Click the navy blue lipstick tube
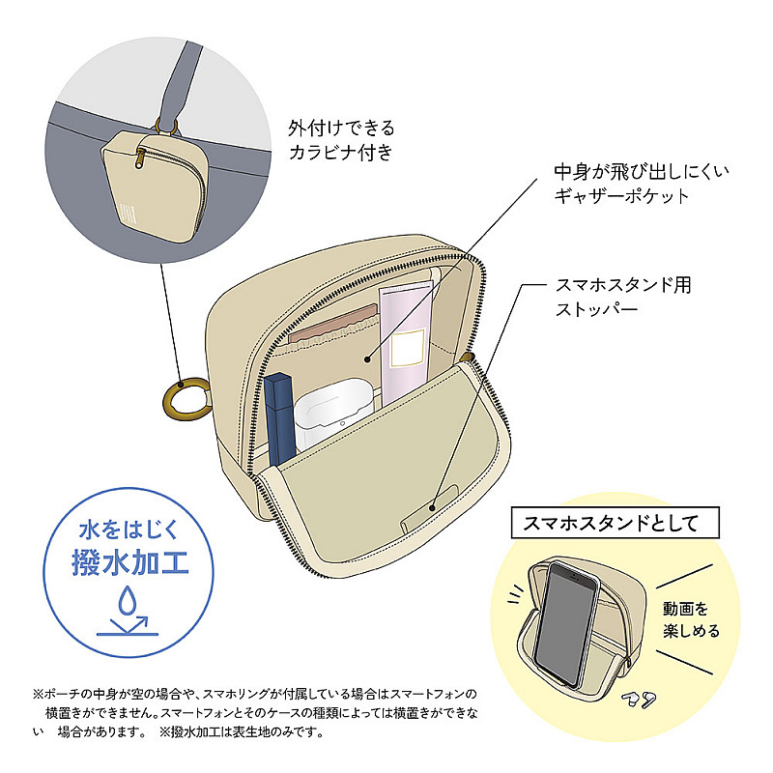click(x=279, y=419)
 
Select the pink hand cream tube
click(x=405, y=345)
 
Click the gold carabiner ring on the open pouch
click(x=186, y=399)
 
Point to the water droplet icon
click(x=128, y=599)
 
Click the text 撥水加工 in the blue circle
click(x=130, y=562)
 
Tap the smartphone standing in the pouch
click(x=567, y=624)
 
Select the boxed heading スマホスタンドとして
click(x=616, y=523)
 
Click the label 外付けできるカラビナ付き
click(x=342, y=140)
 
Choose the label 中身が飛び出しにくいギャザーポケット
click(x=642, y=184)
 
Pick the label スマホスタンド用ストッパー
click(x=623, y=297)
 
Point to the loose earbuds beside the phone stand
click(x=640, y=699)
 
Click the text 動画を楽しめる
click(x=691, y=619)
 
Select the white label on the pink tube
click(x=407, y=348)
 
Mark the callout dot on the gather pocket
click(x=367, y=359)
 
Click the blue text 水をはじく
click(x=129, y=530)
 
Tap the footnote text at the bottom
click(x=255, y=713)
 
